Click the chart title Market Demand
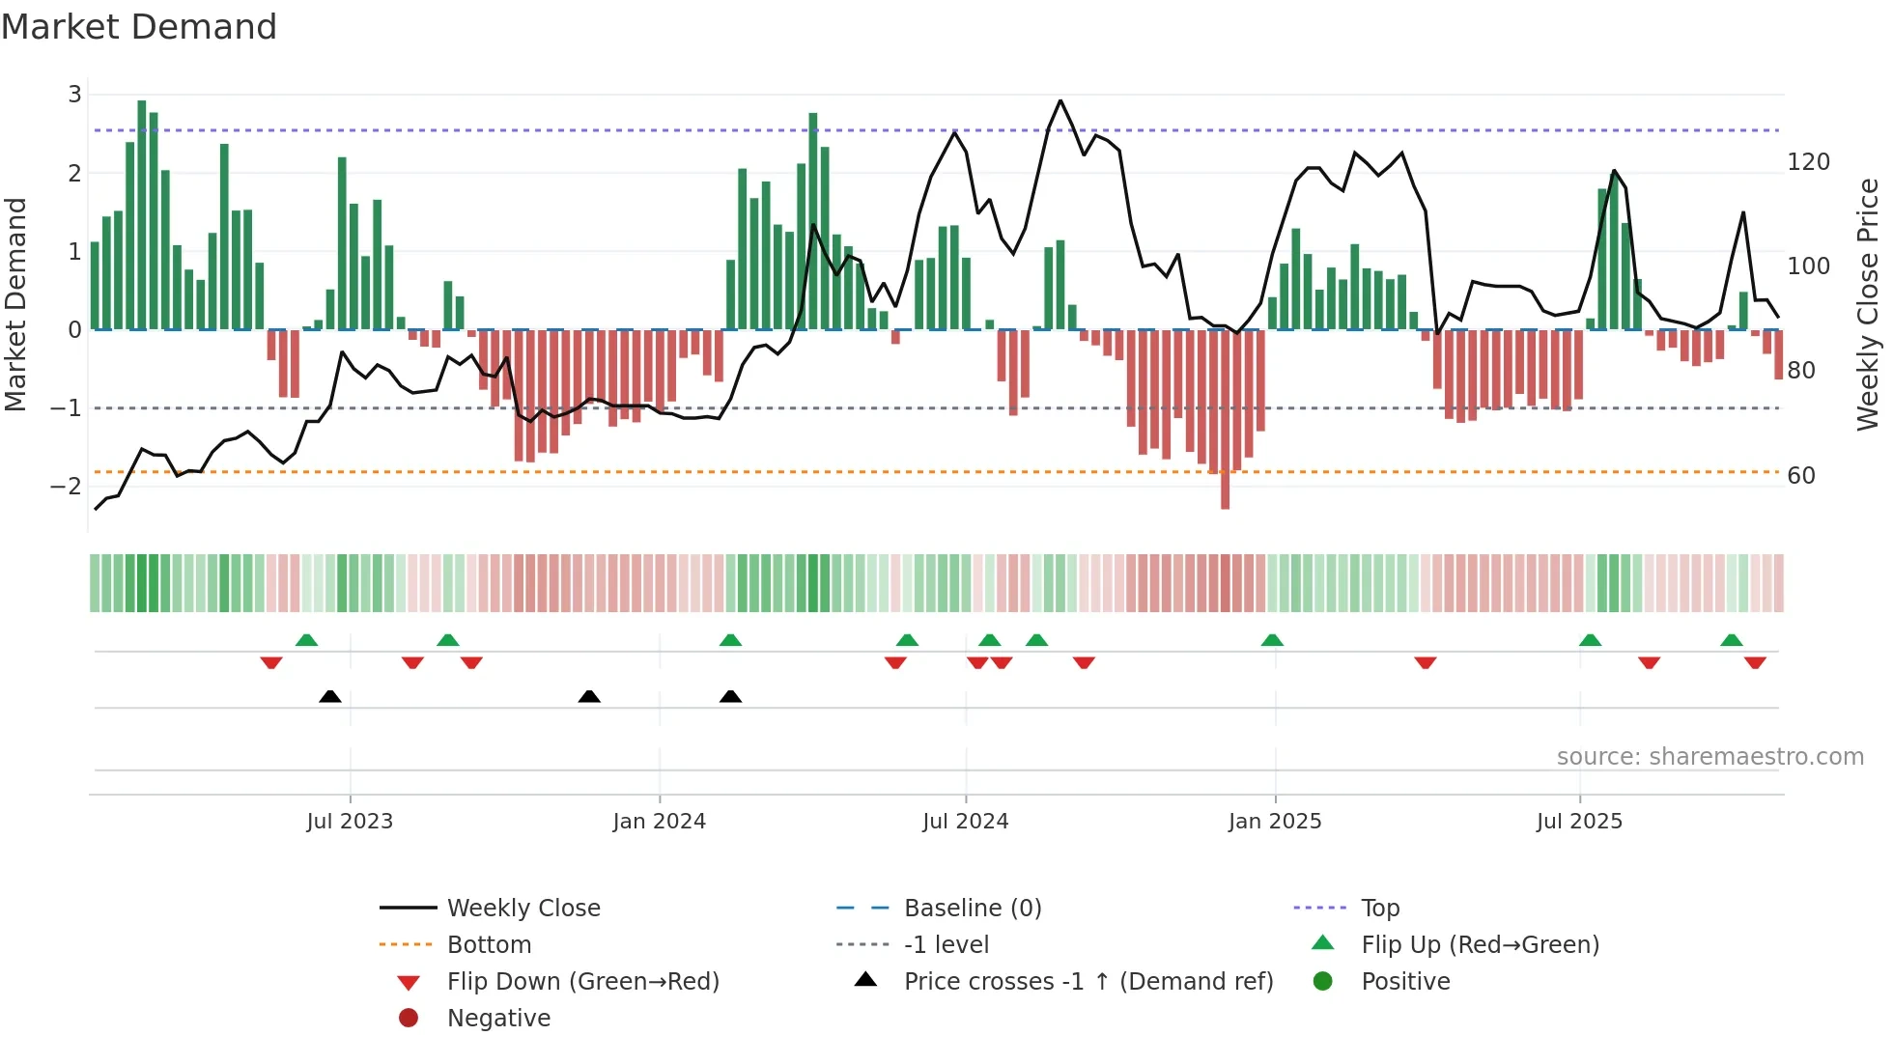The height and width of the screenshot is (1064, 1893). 139,27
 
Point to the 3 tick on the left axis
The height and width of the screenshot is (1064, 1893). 74,95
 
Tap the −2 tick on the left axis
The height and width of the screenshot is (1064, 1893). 67,486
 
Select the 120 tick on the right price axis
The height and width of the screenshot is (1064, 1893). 1808,162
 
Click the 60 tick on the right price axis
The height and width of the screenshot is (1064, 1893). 1800,475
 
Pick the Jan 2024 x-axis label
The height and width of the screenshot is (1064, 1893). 659,822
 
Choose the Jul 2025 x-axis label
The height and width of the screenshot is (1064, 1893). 1579,822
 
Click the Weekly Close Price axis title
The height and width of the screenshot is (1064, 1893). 1868,304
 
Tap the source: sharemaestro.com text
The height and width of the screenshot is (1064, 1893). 1709,757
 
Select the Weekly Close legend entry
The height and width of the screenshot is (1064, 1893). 523,909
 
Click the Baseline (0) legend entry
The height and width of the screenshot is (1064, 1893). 972,909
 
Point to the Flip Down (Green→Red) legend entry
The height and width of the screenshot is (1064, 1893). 582,982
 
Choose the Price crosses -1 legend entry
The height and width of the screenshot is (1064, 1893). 1088,982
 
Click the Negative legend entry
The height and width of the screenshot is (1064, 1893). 498,1019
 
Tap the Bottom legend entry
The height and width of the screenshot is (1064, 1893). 489,945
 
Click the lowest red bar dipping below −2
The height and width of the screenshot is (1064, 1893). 1225,492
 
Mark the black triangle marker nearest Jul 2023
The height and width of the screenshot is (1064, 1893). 330,696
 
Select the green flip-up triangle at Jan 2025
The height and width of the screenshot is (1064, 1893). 1272,640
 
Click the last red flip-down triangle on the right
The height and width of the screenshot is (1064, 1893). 1755,662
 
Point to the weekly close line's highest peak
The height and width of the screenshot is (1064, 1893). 1060,100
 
